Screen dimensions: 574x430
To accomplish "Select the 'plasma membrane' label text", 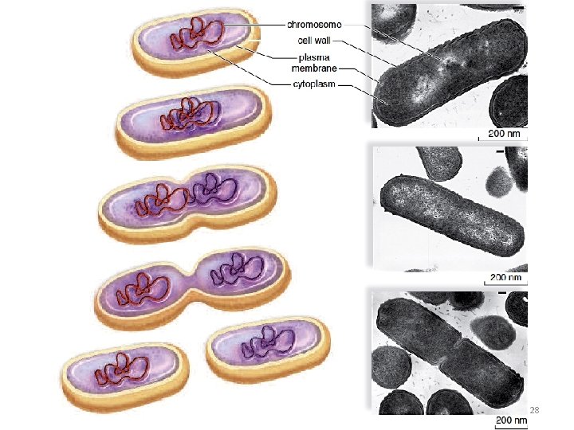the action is [316, 62].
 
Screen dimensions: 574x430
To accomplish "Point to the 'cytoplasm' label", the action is [313, 82].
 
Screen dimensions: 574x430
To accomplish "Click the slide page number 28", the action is [535, 410].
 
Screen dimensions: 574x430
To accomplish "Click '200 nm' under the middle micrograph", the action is [505, 277].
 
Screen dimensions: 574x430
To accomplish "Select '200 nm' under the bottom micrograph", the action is [511, 420].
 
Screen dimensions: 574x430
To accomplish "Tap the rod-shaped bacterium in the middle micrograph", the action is [452, 213].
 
